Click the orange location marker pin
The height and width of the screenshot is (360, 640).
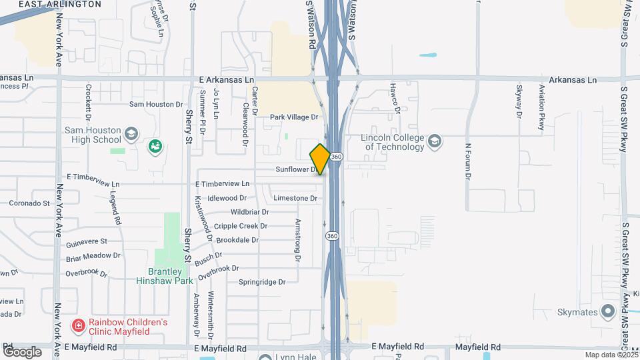point(320,159)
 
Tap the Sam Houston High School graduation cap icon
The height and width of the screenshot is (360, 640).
point(131,135)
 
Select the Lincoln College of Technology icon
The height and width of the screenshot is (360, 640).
point(435,141)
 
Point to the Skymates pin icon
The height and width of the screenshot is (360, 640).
point(607,311)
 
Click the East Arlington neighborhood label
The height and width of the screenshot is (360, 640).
point(60,4)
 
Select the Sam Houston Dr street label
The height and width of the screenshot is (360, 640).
point(155,104)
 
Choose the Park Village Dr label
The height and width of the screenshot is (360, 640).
point(294,117)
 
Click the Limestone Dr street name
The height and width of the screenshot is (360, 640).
point(295,198)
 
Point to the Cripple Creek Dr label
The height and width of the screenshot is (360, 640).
point(241,226)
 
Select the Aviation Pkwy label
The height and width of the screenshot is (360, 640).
point(542,107)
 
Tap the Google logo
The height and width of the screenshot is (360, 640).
point(22,351)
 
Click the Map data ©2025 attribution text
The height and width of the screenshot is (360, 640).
point(611,355)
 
